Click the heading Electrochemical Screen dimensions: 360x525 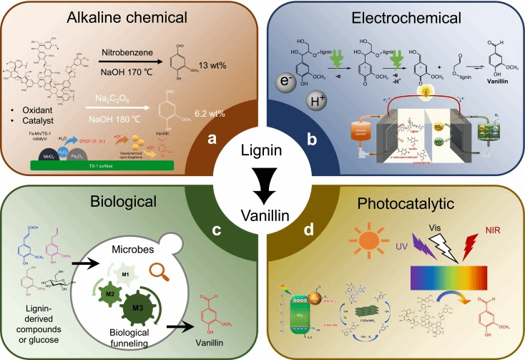point(396,16)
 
